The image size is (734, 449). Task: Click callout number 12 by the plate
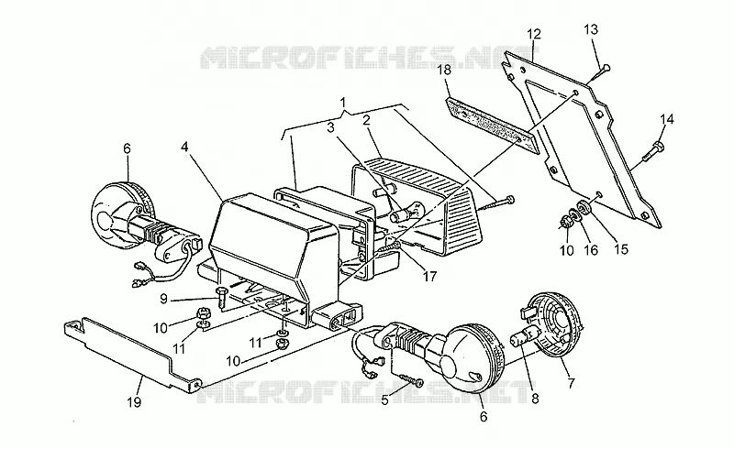(x=534, y=34)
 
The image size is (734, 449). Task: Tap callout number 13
(x=591, y=29)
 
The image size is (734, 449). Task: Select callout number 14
(x=667, y=120)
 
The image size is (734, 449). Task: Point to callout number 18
(x=445, y=71)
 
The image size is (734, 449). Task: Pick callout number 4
(x=184, y=147)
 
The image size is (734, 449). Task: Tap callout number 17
(x=429, y=277)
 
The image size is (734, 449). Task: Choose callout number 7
(x=571, y=384)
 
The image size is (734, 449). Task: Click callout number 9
(x=163, y=299)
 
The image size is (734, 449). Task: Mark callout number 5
(x=384, y=400)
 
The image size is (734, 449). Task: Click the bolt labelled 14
(x=653, y=151)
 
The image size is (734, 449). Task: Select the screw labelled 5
(x=411, y=379)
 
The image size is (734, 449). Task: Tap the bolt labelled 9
(x=222, y=299)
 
